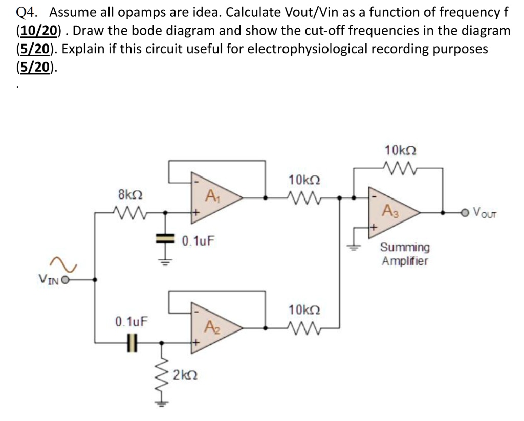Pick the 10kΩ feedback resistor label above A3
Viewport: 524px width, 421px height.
(x=400, y=151)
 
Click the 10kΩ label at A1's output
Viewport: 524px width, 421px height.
(x=305, y=180)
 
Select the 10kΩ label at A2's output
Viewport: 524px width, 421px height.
(x=305, y=310)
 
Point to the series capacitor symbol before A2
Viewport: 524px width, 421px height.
(x=134, y=342)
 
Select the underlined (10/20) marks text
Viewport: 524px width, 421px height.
(x=39, y=31)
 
